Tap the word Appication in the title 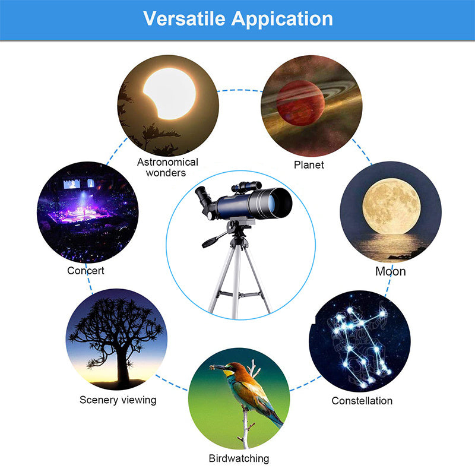(281, 19)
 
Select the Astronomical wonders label (168, 167)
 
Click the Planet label (309, 164)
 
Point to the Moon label (391, 271)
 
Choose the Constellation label (362, 401)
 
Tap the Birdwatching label (239, 458)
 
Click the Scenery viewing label (118, 400)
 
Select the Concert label (86, 270)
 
